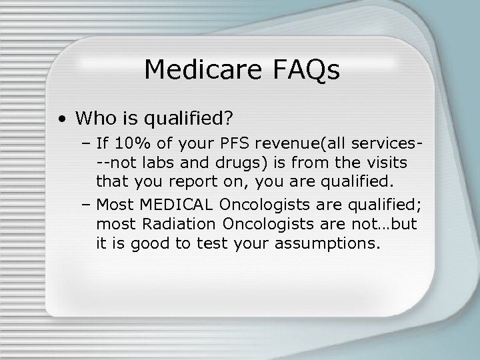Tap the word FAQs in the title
tap(305, 69)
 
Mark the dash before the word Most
tap(87, 204)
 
